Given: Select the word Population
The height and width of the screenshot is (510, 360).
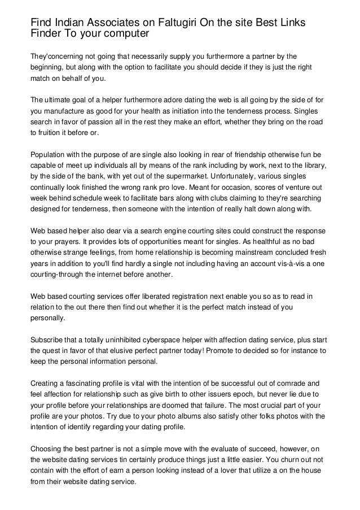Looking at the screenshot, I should (x=50, y=154).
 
